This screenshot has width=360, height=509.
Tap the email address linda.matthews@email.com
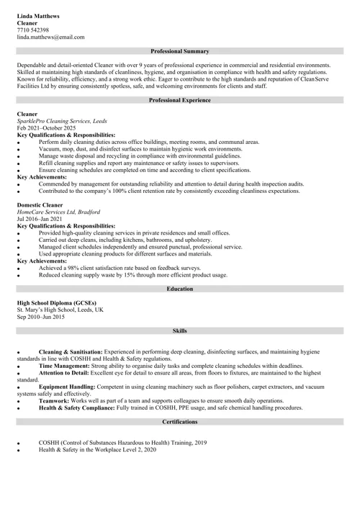(50, 37)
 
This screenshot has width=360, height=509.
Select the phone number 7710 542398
(33, 30)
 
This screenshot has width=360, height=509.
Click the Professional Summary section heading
(180, 52)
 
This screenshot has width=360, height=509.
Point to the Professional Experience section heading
(180, 100)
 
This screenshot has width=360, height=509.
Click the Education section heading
(180, 289)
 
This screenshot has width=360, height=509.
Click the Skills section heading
(180, 330)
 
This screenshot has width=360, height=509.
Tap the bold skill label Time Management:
(64, 366)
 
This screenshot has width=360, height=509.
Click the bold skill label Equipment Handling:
(70, 387)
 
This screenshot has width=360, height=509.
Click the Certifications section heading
(180, 421)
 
